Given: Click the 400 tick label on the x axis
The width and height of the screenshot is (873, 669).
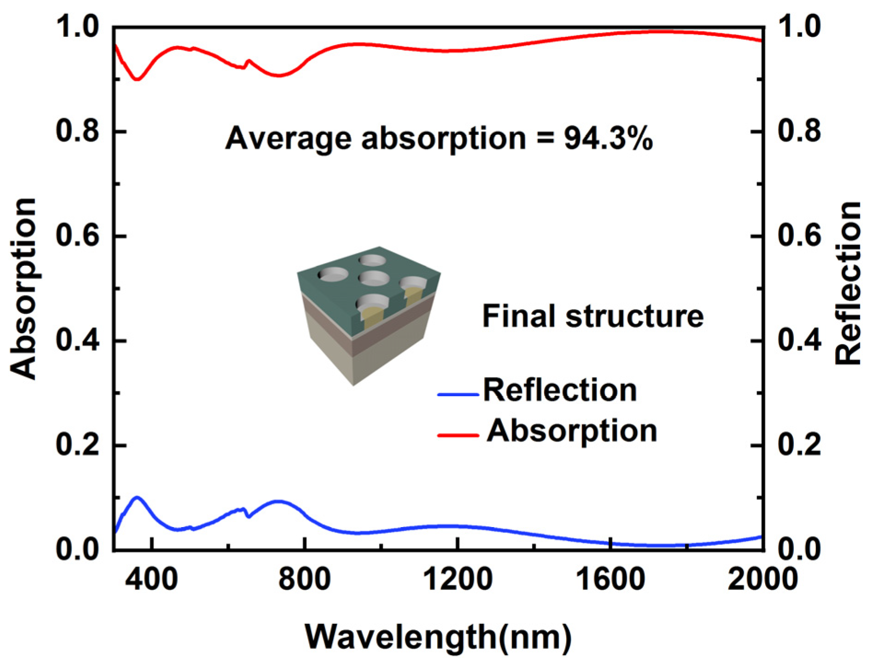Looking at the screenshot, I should (152, 579).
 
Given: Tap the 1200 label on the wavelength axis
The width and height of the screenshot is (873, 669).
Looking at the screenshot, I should (457, 579).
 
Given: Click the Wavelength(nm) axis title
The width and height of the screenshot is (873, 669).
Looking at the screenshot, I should (438, 637).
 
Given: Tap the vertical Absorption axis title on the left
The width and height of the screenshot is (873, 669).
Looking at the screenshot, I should (23, 289).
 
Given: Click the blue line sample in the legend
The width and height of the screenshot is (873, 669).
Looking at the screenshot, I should (458, 394).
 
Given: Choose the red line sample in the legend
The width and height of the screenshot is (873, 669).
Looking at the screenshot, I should (458, 435).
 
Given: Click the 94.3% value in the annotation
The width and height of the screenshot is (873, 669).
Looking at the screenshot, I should (608, 139).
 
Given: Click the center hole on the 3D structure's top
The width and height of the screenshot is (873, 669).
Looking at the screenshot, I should (374, 278).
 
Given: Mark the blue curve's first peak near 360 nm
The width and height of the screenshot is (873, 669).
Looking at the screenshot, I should (137, 497).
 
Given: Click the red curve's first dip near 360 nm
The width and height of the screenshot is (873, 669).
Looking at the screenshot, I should (137, 80).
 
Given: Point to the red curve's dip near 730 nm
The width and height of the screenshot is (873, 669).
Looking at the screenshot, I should (279, 75).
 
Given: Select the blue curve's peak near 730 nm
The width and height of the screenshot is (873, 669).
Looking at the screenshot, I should (278, 501).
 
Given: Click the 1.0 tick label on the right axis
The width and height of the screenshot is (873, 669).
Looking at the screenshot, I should (799, 26).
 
